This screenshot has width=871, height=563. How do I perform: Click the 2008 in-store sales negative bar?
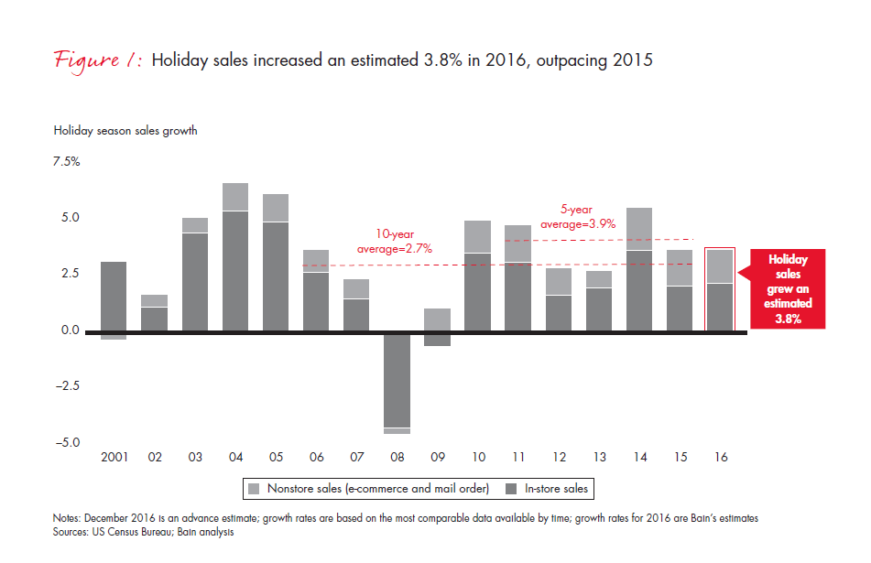coord(397,379)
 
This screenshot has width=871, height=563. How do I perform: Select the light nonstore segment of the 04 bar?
coord(235,197)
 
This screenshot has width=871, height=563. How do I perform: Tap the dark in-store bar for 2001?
coord(114,296)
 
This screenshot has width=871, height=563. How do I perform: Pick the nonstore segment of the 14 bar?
coord(639,229)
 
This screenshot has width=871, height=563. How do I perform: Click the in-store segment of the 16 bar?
coord(719,307)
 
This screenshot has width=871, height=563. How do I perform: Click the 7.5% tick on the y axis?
coord(68,162)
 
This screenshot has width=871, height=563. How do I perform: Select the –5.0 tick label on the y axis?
coord(68,442)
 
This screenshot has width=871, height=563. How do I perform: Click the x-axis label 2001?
coord(114,456)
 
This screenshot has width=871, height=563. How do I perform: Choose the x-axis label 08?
coord(397,456)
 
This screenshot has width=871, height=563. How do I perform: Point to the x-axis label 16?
coord(720,456)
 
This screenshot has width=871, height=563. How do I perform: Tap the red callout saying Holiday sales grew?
coord(788,288)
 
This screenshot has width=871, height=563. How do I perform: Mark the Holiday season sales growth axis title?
coord(125,131)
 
